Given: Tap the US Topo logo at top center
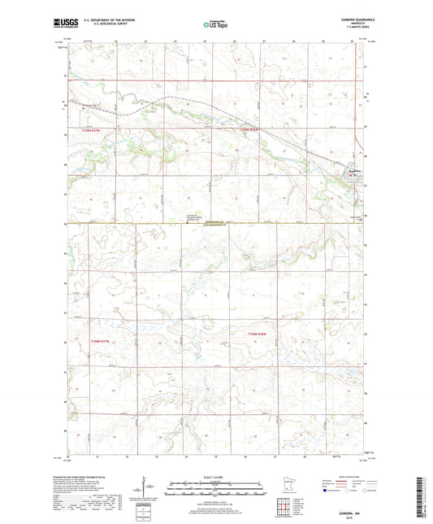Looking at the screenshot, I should (215, 25).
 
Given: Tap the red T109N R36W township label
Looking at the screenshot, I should (252, 130).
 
